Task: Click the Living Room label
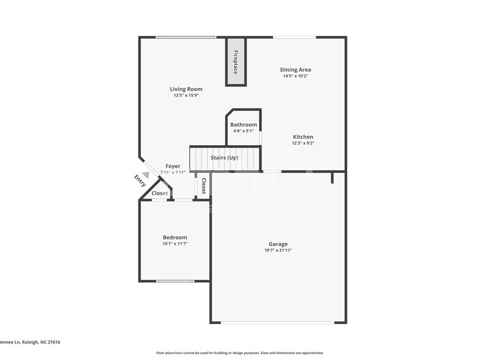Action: pyautogui.click(x=186, y=89)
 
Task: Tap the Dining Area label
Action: pyautogui.click(x=296, y=70)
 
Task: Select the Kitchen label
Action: pyautogui.click(x=303, y=137)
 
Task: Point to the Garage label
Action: pyautogui.click(x=278, y=244)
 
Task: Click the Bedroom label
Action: pyautogui.click(x=175, y=238)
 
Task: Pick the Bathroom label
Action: pyautogui.click(x=244, y=125)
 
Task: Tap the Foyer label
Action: pyautogui.click(x=173, y=167)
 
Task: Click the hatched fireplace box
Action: pyautogui.click(x=236, y=61)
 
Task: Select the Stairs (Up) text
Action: pyautogui.click(x=224, y=158)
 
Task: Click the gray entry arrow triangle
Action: pyautogui.click(x=145, y=174)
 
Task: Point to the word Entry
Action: pyautogui.click(x=140, y=181)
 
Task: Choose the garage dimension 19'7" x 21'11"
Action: pyautogui.click(x=278, y=250)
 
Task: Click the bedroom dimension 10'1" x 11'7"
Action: pyautogui.click(x=175, y=244)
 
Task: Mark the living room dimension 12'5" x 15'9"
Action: pyautogui.click(x=186, y=96)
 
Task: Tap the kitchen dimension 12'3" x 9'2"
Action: pyautogui.click(x=303, y=143)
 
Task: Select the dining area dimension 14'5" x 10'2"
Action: pyautogui.click(x=296, y=77)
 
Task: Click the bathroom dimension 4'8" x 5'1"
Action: pyautogui.click(x=244, y=131)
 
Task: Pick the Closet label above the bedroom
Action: pyautogui.click(x=160, y=193)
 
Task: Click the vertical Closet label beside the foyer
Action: pyautogui.click(x=204, y=185)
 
